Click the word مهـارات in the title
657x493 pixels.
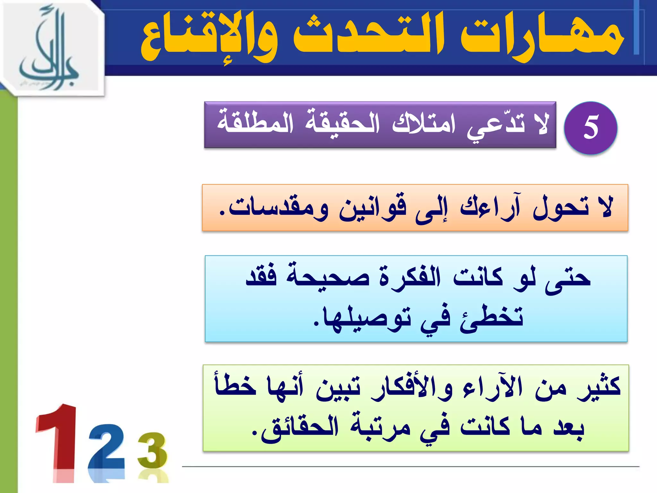[542, 35]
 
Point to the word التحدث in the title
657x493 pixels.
[369, 35]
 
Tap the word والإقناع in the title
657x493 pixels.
[209, 37]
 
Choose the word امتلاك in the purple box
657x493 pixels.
[423, 124]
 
